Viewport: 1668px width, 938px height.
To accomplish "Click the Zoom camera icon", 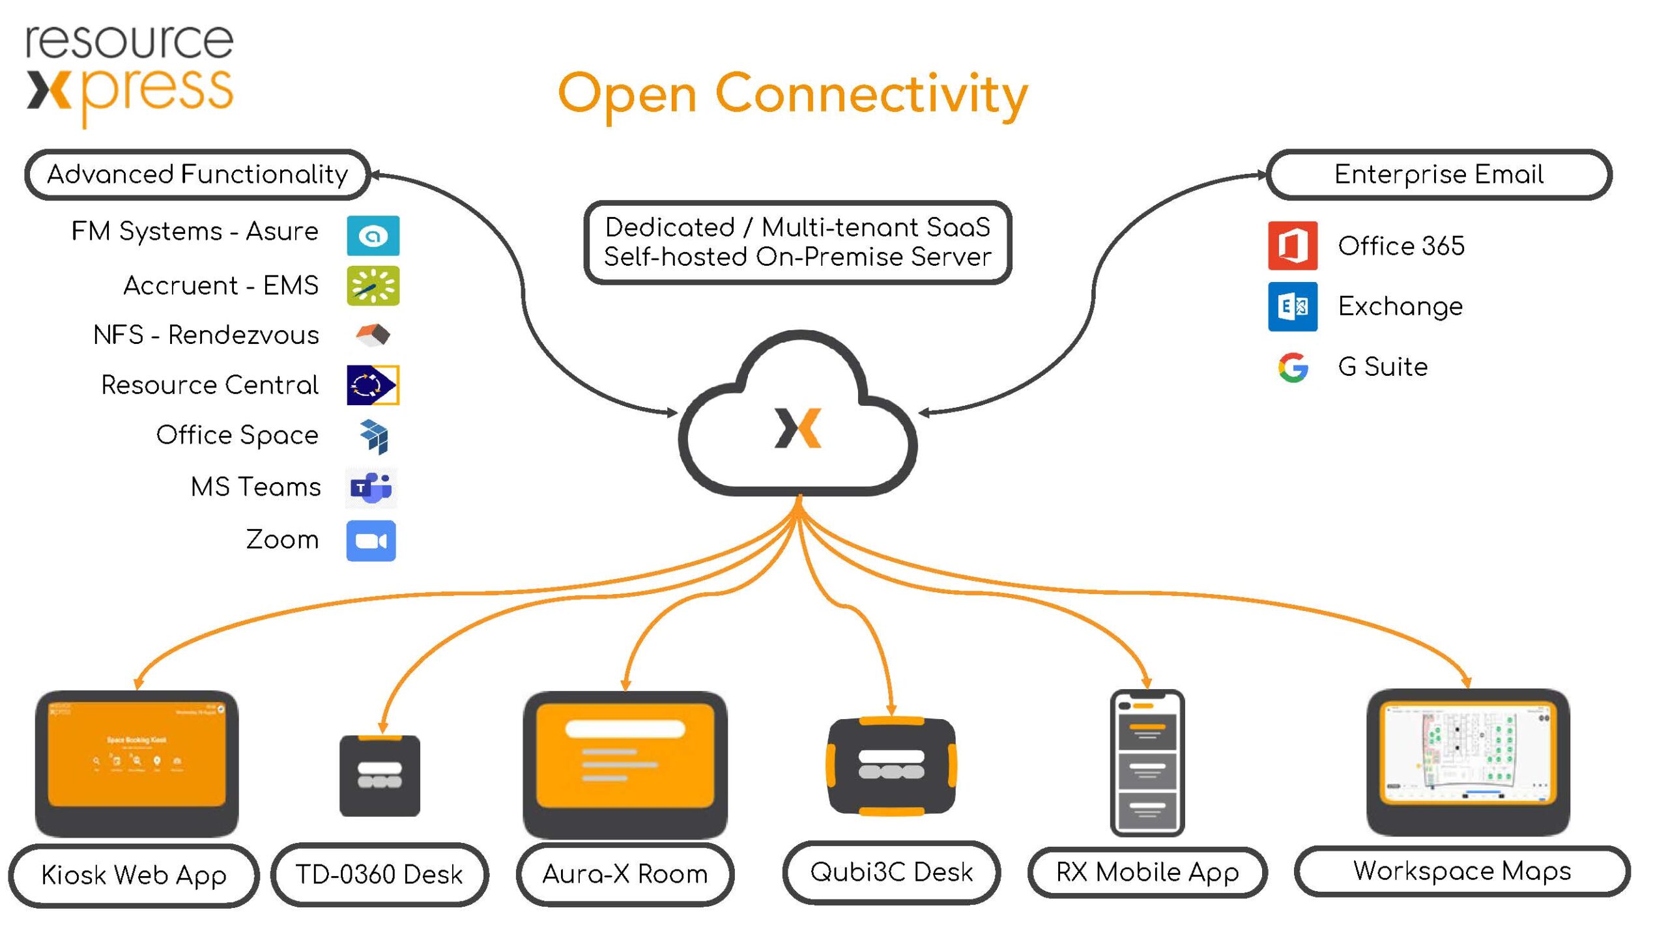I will point(371,541).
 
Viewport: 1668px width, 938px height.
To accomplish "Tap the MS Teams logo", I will point(371,487).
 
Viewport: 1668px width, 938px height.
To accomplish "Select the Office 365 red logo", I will point(1293,246).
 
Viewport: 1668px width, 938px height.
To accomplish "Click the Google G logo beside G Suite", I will point(1293,367).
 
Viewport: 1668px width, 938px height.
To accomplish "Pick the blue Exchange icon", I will point(1293,306).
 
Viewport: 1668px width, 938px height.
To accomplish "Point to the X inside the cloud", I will point(798,428).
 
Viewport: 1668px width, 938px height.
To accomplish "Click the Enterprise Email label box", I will point(1439,175).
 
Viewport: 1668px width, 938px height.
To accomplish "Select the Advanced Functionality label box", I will point(197,175).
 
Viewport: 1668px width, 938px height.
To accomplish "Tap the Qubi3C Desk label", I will point(891,872).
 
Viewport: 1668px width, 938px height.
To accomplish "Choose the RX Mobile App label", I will point(1147,872).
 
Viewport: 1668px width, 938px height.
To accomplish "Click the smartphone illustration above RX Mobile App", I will point(1147,762).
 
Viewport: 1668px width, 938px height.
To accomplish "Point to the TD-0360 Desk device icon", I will point(380,775).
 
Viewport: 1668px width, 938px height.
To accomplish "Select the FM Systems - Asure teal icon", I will point(373,235).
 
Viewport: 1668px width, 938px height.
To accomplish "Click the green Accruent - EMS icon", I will point(373,285).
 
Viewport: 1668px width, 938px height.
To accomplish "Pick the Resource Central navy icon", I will point(373,385).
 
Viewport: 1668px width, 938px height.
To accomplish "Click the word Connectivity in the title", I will point(872,94).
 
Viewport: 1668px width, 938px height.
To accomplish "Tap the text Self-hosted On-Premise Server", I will point(798,257).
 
